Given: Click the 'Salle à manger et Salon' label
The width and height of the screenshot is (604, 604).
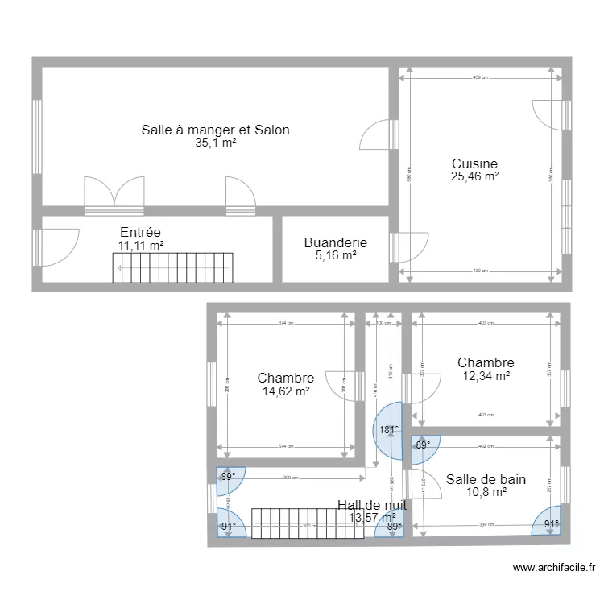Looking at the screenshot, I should pos(215,130).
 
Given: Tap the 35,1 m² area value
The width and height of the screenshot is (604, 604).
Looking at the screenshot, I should pos(215,143).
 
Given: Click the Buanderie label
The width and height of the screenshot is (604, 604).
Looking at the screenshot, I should pos(336,242).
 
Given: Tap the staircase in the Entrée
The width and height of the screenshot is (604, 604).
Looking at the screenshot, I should pos(172,267).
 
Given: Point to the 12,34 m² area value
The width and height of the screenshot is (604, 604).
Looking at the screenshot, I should pos(486,376).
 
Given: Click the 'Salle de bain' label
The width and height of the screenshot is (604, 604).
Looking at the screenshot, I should pos(486,479).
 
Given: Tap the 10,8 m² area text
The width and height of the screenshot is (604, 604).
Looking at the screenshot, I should pos(486,492).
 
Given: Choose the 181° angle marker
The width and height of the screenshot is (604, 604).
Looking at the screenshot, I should pos(388,430).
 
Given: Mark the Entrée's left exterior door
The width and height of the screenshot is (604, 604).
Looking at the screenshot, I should pos(56,247).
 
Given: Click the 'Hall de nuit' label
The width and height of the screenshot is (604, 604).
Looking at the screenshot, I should pos(371,505).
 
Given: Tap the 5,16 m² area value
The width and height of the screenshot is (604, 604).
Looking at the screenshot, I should pos(336,255).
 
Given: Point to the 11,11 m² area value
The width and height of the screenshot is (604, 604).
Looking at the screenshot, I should pos(142,246).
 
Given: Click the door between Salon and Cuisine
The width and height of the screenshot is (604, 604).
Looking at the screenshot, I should pos(375,135).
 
